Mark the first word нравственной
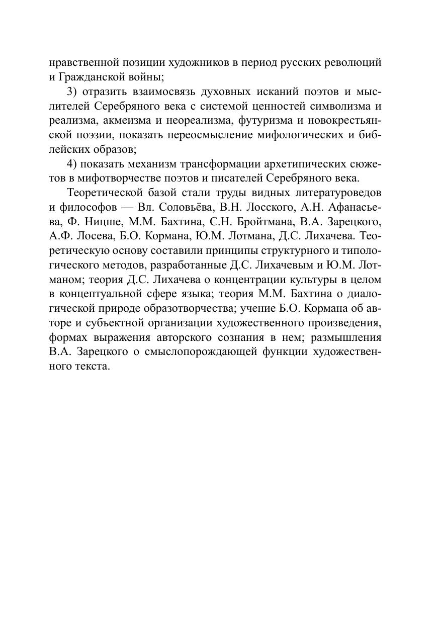[x=81, y=63]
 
